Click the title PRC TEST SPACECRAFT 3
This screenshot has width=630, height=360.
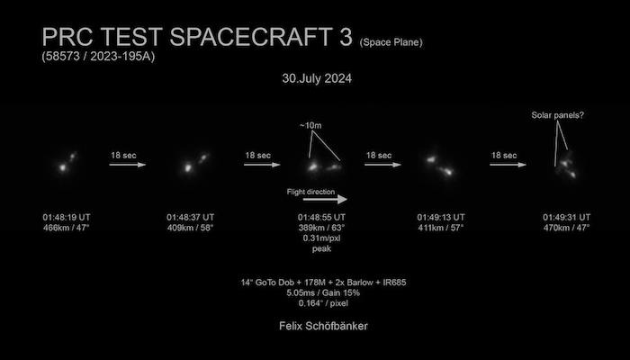[197, 38]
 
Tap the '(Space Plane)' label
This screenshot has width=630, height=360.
[391, 42]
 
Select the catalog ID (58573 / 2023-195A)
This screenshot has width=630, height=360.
[98, 56]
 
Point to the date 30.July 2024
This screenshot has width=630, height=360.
[317, 78]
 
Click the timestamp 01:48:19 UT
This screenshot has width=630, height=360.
[67, 218]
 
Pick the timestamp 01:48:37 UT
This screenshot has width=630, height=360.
[191, 218]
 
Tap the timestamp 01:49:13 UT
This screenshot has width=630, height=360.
[441, 218]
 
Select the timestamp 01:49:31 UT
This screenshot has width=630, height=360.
[566, 218]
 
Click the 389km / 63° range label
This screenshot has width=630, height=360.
[321, 228]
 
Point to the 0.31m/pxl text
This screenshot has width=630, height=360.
[321, 238]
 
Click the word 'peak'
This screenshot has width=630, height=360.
[321, 248]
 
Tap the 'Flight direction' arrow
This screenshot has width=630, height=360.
[325, 199]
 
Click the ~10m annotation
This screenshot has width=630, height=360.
[310, 126]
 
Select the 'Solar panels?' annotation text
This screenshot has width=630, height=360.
[558, 115]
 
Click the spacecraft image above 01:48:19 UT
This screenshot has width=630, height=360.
[67, 163]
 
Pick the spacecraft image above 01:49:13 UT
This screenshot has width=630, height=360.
[440, 166]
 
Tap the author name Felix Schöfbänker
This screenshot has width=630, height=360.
[323, 326]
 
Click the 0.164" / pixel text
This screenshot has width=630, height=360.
[323, 303]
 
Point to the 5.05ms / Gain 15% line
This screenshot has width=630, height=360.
[323, 292]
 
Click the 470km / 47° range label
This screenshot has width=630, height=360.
[566, 228]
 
